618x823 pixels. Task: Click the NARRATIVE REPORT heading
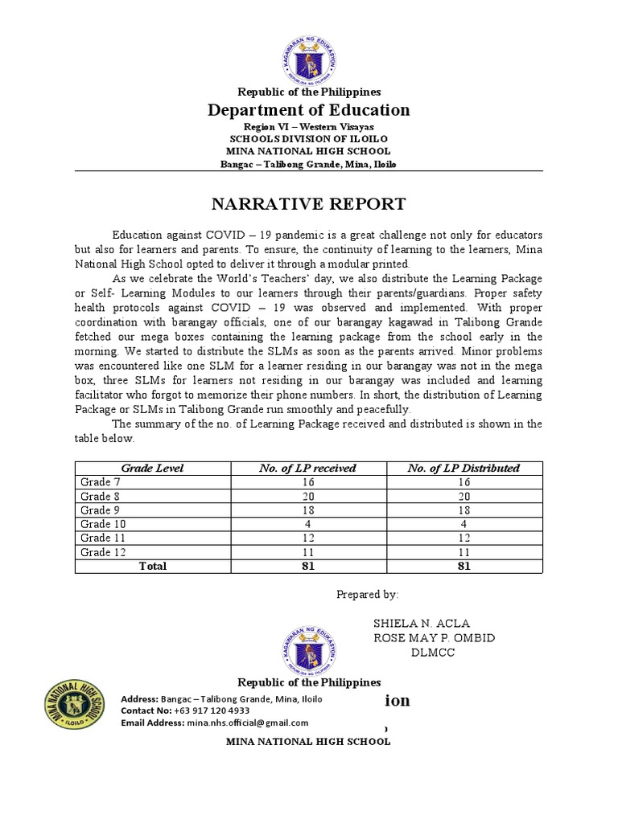[308, 204]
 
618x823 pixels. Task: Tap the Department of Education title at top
[308, 110]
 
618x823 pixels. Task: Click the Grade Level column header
[152, 468]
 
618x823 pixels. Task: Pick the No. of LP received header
[308, 468]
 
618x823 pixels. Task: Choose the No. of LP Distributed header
[463, 468]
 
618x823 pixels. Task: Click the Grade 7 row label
[98, 481]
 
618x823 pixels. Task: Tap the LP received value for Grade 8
[308, 496]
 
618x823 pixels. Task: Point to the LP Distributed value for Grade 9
[463, 510]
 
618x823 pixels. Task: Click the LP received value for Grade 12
[308, 552]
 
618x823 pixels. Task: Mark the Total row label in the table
[152, 566]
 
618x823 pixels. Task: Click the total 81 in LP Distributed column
[463, 566]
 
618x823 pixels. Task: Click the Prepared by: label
[366, 594]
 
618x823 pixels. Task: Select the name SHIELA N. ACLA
[422, 624]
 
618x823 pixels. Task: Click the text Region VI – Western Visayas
[308, 128]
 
